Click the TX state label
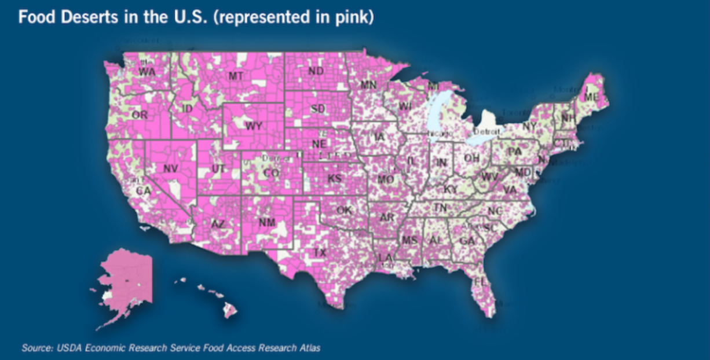tap(320, 253)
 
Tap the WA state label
tap(147, 72)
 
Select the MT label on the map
tap(235, 76)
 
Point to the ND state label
tap(316, 71)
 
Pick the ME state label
tap(591, 97)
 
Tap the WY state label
tap(253, 126)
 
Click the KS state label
tap(335, 178)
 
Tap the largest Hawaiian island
tap(230, 311)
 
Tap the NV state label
tap(170, 168)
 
